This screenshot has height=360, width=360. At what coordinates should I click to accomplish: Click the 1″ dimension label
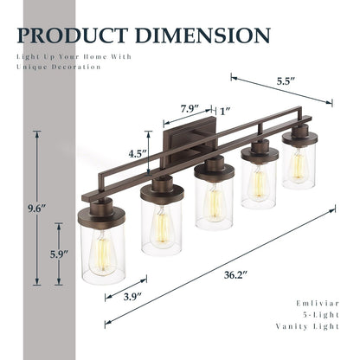click(x=227, y=111)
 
